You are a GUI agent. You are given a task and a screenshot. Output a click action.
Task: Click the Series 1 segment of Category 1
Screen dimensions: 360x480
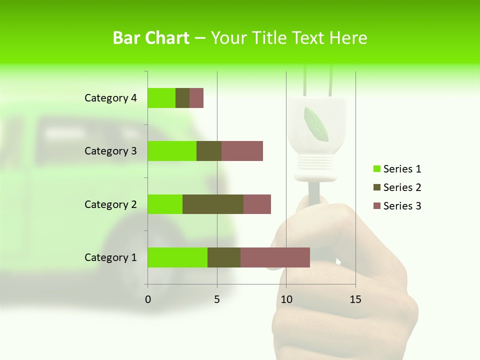tap(177, 257)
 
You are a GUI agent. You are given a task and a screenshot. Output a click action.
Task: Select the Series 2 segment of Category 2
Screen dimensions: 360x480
tap(213, 204)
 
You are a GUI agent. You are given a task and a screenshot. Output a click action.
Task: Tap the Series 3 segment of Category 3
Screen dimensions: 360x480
tap(242, 151)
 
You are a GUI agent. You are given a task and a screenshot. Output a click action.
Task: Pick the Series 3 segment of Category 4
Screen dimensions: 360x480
tap(196, 98)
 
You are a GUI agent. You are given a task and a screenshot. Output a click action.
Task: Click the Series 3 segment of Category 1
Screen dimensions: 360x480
tap(275, 257)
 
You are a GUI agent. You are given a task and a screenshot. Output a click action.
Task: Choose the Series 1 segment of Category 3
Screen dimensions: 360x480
tap(172, 151)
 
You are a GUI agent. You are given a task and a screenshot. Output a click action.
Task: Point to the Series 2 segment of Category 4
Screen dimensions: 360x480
tap(182, 98)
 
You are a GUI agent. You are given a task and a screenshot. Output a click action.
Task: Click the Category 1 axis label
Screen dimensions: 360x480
tap(110, 257)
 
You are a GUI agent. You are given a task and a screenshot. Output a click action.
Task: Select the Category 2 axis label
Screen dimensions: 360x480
tap(110, 204)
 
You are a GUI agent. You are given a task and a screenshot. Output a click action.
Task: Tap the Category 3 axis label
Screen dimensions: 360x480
tap(110, 151)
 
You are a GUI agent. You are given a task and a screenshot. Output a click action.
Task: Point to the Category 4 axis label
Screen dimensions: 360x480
tap(110, 98)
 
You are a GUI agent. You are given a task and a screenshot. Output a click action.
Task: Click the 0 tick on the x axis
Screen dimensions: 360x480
tap(148, 299)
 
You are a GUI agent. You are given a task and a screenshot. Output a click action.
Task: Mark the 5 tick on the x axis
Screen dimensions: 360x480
tap(217, 299)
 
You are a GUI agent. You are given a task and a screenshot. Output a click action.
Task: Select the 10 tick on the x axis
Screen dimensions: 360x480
tap(286, 299)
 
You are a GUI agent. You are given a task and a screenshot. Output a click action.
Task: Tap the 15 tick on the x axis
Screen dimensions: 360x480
tap(355, 299)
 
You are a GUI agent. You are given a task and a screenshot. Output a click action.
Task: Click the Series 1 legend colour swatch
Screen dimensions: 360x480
tap(376, 169)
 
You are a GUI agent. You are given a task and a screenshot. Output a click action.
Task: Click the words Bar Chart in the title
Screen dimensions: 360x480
tap(150, 38)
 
